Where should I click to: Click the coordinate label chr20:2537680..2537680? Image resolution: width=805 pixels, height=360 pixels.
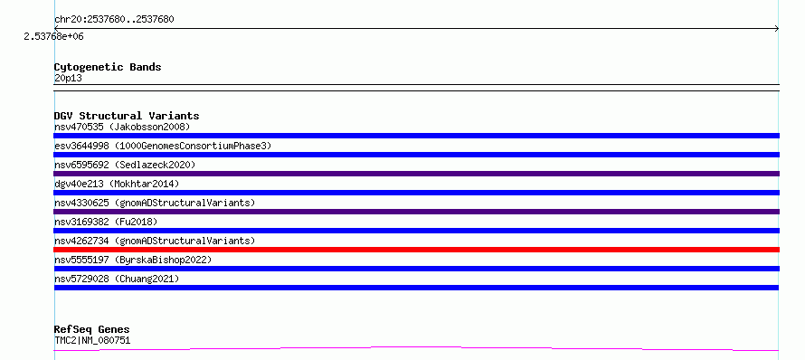coord(114,20)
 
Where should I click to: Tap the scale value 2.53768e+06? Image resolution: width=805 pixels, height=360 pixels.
coord(54,36)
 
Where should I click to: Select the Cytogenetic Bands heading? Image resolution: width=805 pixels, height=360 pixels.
coord(108,67)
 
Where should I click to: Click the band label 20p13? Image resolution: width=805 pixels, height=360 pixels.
coord(68,79)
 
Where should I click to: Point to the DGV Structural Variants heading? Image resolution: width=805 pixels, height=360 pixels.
coord(127,116)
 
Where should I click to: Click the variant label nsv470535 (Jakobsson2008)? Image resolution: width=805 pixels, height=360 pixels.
coord(122,127)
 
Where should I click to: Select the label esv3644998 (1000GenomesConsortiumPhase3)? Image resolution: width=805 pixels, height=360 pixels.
coord(163,146)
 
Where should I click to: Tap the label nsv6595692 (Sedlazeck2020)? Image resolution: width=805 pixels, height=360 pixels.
coord(125,165)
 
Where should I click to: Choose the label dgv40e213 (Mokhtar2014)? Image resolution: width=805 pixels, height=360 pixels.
coord(117,184)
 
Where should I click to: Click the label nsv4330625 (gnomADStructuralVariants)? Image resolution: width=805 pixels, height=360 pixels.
coord(155,203)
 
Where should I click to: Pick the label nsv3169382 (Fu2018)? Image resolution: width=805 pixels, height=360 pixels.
coord(106,222)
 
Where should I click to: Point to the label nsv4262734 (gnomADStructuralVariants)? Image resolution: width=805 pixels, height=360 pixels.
coord(155,241)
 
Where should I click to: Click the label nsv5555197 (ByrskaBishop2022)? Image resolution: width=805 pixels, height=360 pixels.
coord(133,260)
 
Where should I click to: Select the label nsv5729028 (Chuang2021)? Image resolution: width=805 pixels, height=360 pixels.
coord(117,279)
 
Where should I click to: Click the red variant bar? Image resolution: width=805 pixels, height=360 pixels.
coord(416,250)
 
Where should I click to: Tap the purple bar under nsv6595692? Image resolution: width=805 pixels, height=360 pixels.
coord(416,174)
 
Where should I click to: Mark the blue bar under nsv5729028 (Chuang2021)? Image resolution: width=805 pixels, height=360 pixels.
coord(416,288)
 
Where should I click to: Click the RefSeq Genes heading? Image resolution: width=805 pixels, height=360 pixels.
coord(92,330)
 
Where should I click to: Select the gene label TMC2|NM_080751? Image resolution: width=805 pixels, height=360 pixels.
coord(92,340)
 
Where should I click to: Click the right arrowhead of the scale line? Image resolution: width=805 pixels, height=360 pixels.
coord(777,29)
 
